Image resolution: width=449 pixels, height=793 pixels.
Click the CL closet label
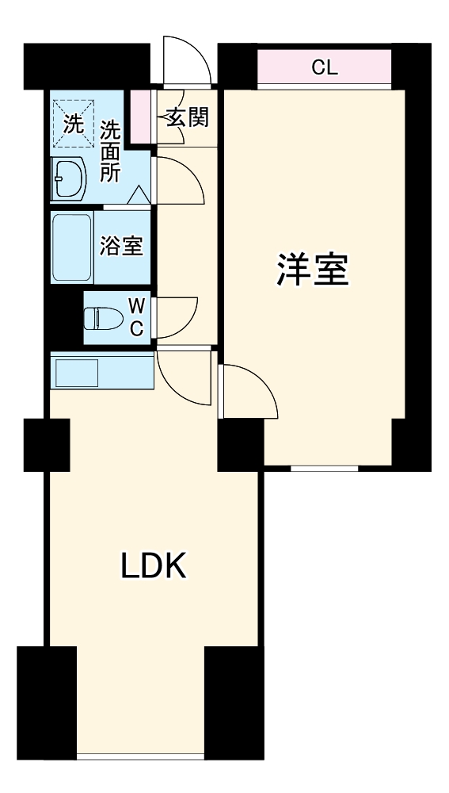324,67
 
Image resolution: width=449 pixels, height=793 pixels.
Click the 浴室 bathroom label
122,246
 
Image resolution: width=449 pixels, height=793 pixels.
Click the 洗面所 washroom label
109,151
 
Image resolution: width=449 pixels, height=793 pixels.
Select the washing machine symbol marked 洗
74,123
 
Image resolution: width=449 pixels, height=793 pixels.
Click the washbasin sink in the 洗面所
69,178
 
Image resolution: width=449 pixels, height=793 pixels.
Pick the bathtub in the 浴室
72,247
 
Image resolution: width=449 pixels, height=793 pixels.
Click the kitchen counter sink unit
102,370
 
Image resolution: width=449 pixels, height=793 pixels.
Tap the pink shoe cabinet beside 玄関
140,117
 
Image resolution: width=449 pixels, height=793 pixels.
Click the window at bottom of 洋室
324,469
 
